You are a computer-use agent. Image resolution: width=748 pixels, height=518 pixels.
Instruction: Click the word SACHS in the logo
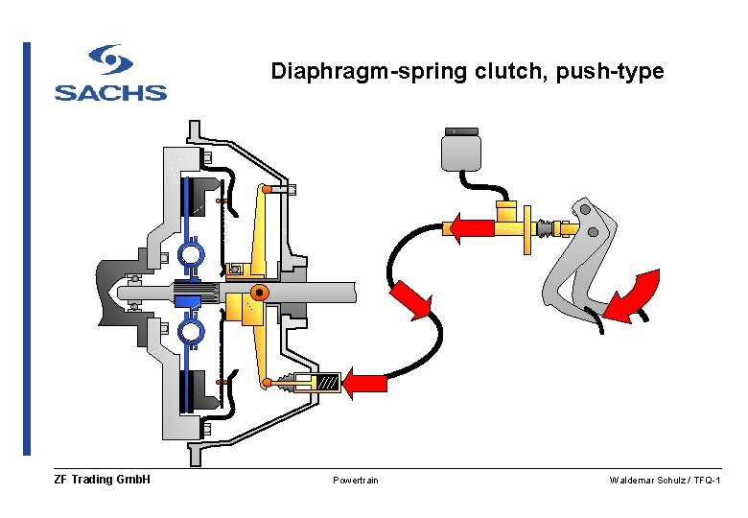coord(110,92)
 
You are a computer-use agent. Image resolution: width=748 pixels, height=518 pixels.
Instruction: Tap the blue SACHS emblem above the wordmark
coord(110,60)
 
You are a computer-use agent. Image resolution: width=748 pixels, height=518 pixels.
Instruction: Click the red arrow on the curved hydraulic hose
coord(409,299)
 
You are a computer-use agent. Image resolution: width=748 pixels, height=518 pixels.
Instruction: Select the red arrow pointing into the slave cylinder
coord(365,383)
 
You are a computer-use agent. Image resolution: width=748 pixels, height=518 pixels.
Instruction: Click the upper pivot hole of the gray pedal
coord(584,209)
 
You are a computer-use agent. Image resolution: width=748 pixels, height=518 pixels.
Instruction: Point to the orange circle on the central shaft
coord(258,292)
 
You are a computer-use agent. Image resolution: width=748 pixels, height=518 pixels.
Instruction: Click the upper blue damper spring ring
coord(191,255)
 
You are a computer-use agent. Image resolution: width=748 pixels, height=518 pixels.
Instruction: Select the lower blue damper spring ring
coord(191,332)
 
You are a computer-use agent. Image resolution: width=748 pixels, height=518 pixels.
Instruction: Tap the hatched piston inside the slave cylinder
coord(327,383)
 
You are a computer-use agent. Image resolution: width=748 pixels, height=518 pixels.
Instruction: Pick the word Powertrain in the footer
coord(356,480)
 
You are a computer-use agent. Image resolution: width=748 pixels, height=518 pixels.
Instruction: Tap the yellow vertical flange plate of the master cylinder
coord(526,228)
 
